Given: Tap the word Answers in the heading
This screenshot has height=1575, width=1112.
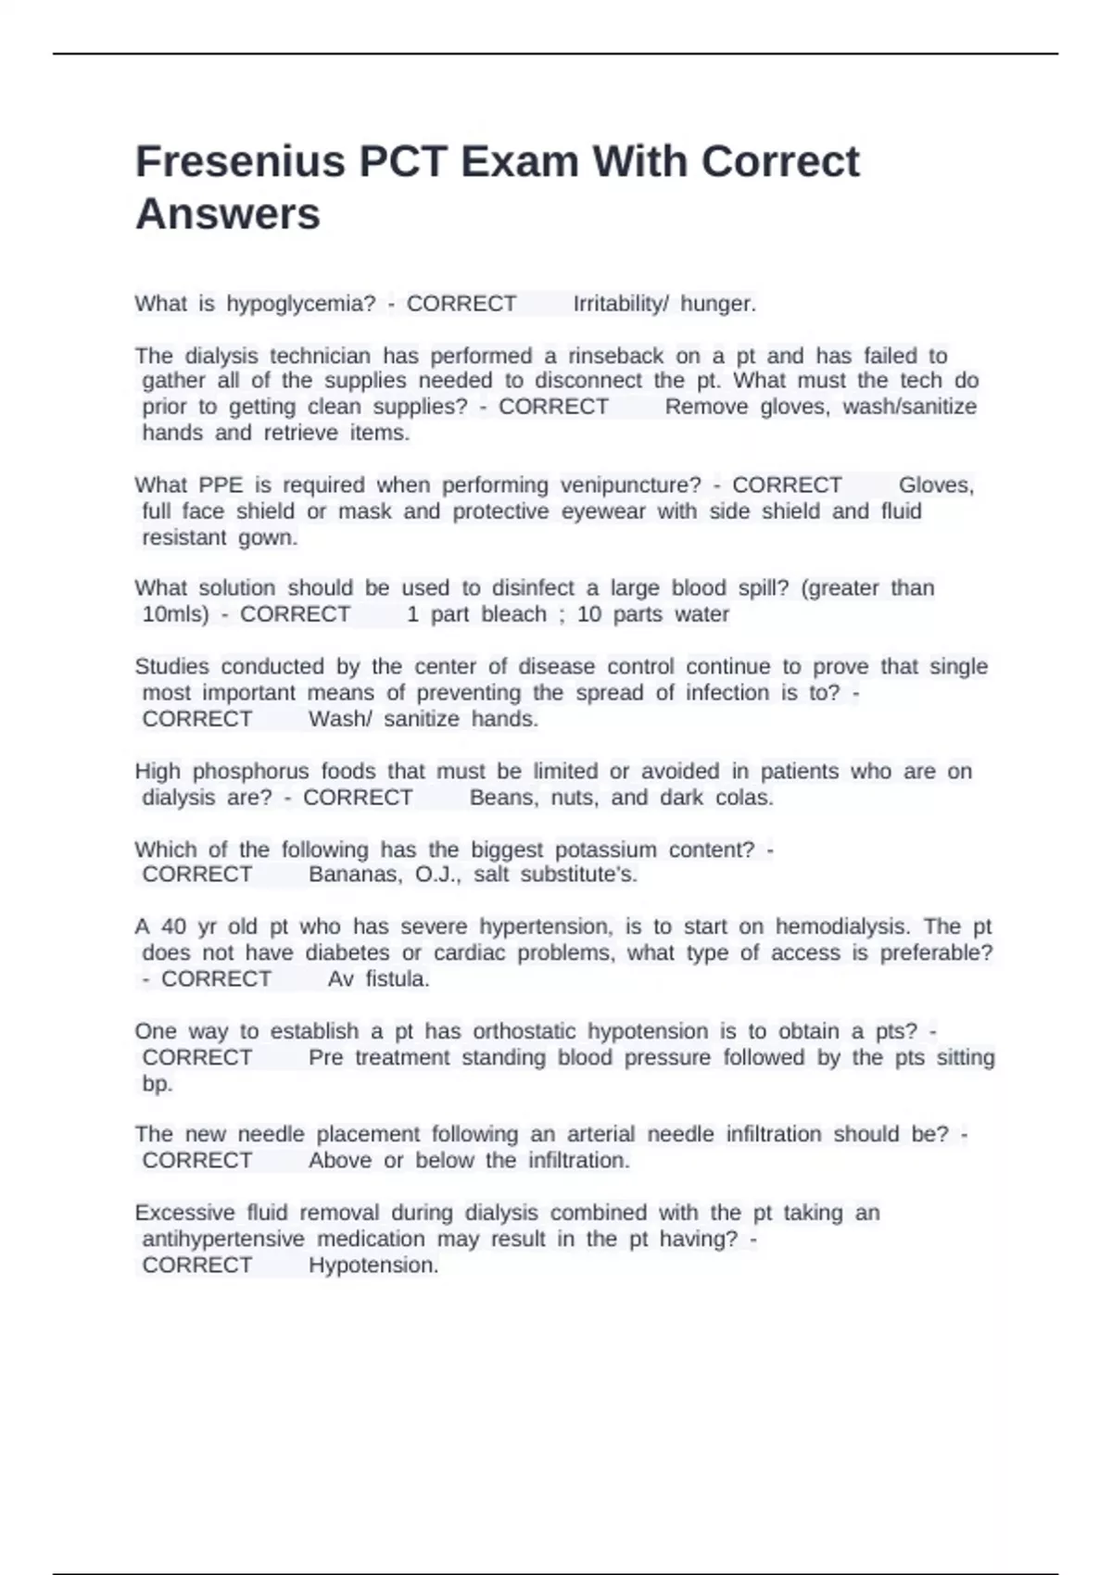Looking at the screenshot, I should (x=228, y=214).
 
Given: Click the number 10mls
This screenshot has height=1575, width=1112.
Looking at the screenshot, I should (x=175, y=614).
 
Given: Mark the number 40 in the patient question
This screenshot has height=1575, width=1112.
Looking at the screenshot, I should (x=173, y=926).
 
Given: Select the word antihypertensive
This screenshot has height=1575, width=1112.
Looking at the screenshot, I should (x=222, y=1239).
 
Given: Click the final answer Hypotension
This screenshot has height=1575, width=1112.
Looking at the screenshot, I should (x=373, y=1266).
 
